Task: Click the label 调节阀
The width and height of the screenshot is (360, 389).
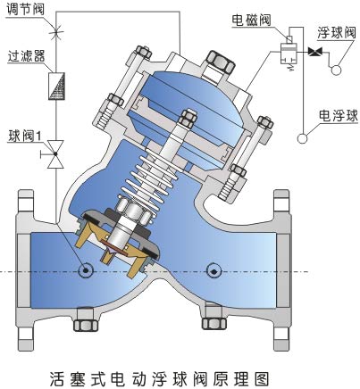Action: click(x=25, y=9)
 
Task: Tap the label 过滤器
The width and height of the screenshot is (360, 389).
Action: click(x=27, y=55)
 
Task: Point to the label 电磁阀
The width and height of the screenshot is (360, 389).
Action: click(x=251, y=20)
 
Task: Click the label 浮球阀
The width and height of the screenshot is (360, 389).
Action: click(x=337, y=32)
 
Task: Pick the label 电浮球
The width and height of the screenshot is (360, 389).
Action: click(x=339, y=115)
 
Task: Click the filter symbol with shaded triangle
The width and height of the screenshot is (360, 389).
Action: click(x=56, y=86)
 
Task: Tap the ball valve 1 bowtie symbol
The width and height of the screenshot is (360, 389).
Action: click(x=55, y=154)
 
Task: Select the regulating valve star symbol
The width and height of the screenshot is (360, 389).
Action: click(x=56, y=29)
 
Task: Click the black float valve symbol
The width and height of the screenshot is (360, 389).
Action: click(x=314, y=52)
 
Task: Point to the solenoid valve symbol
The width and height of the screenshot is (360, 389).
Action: click(x=289, y=53)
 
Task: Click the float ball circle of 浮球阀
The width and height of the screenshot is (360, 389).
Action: click(x=337, y=70)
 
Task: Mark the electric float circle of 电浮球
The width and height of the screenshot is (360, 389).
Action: click(x=303, y=138)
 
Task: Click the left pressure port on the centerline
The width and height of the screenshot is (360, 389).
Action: click(x=86, y=270)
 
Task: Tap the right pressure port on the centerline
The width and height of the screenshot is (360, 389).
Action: click(x=213, y=271)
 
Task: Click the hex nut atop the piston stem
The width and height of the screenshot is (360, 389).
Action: click(x=188, y=120)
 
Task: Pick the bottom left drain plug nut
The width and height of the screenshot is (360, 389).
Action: click(x=86, y=325)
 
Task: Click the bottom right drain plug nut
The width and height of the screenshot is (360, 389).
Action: click(x=214, y=323)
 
